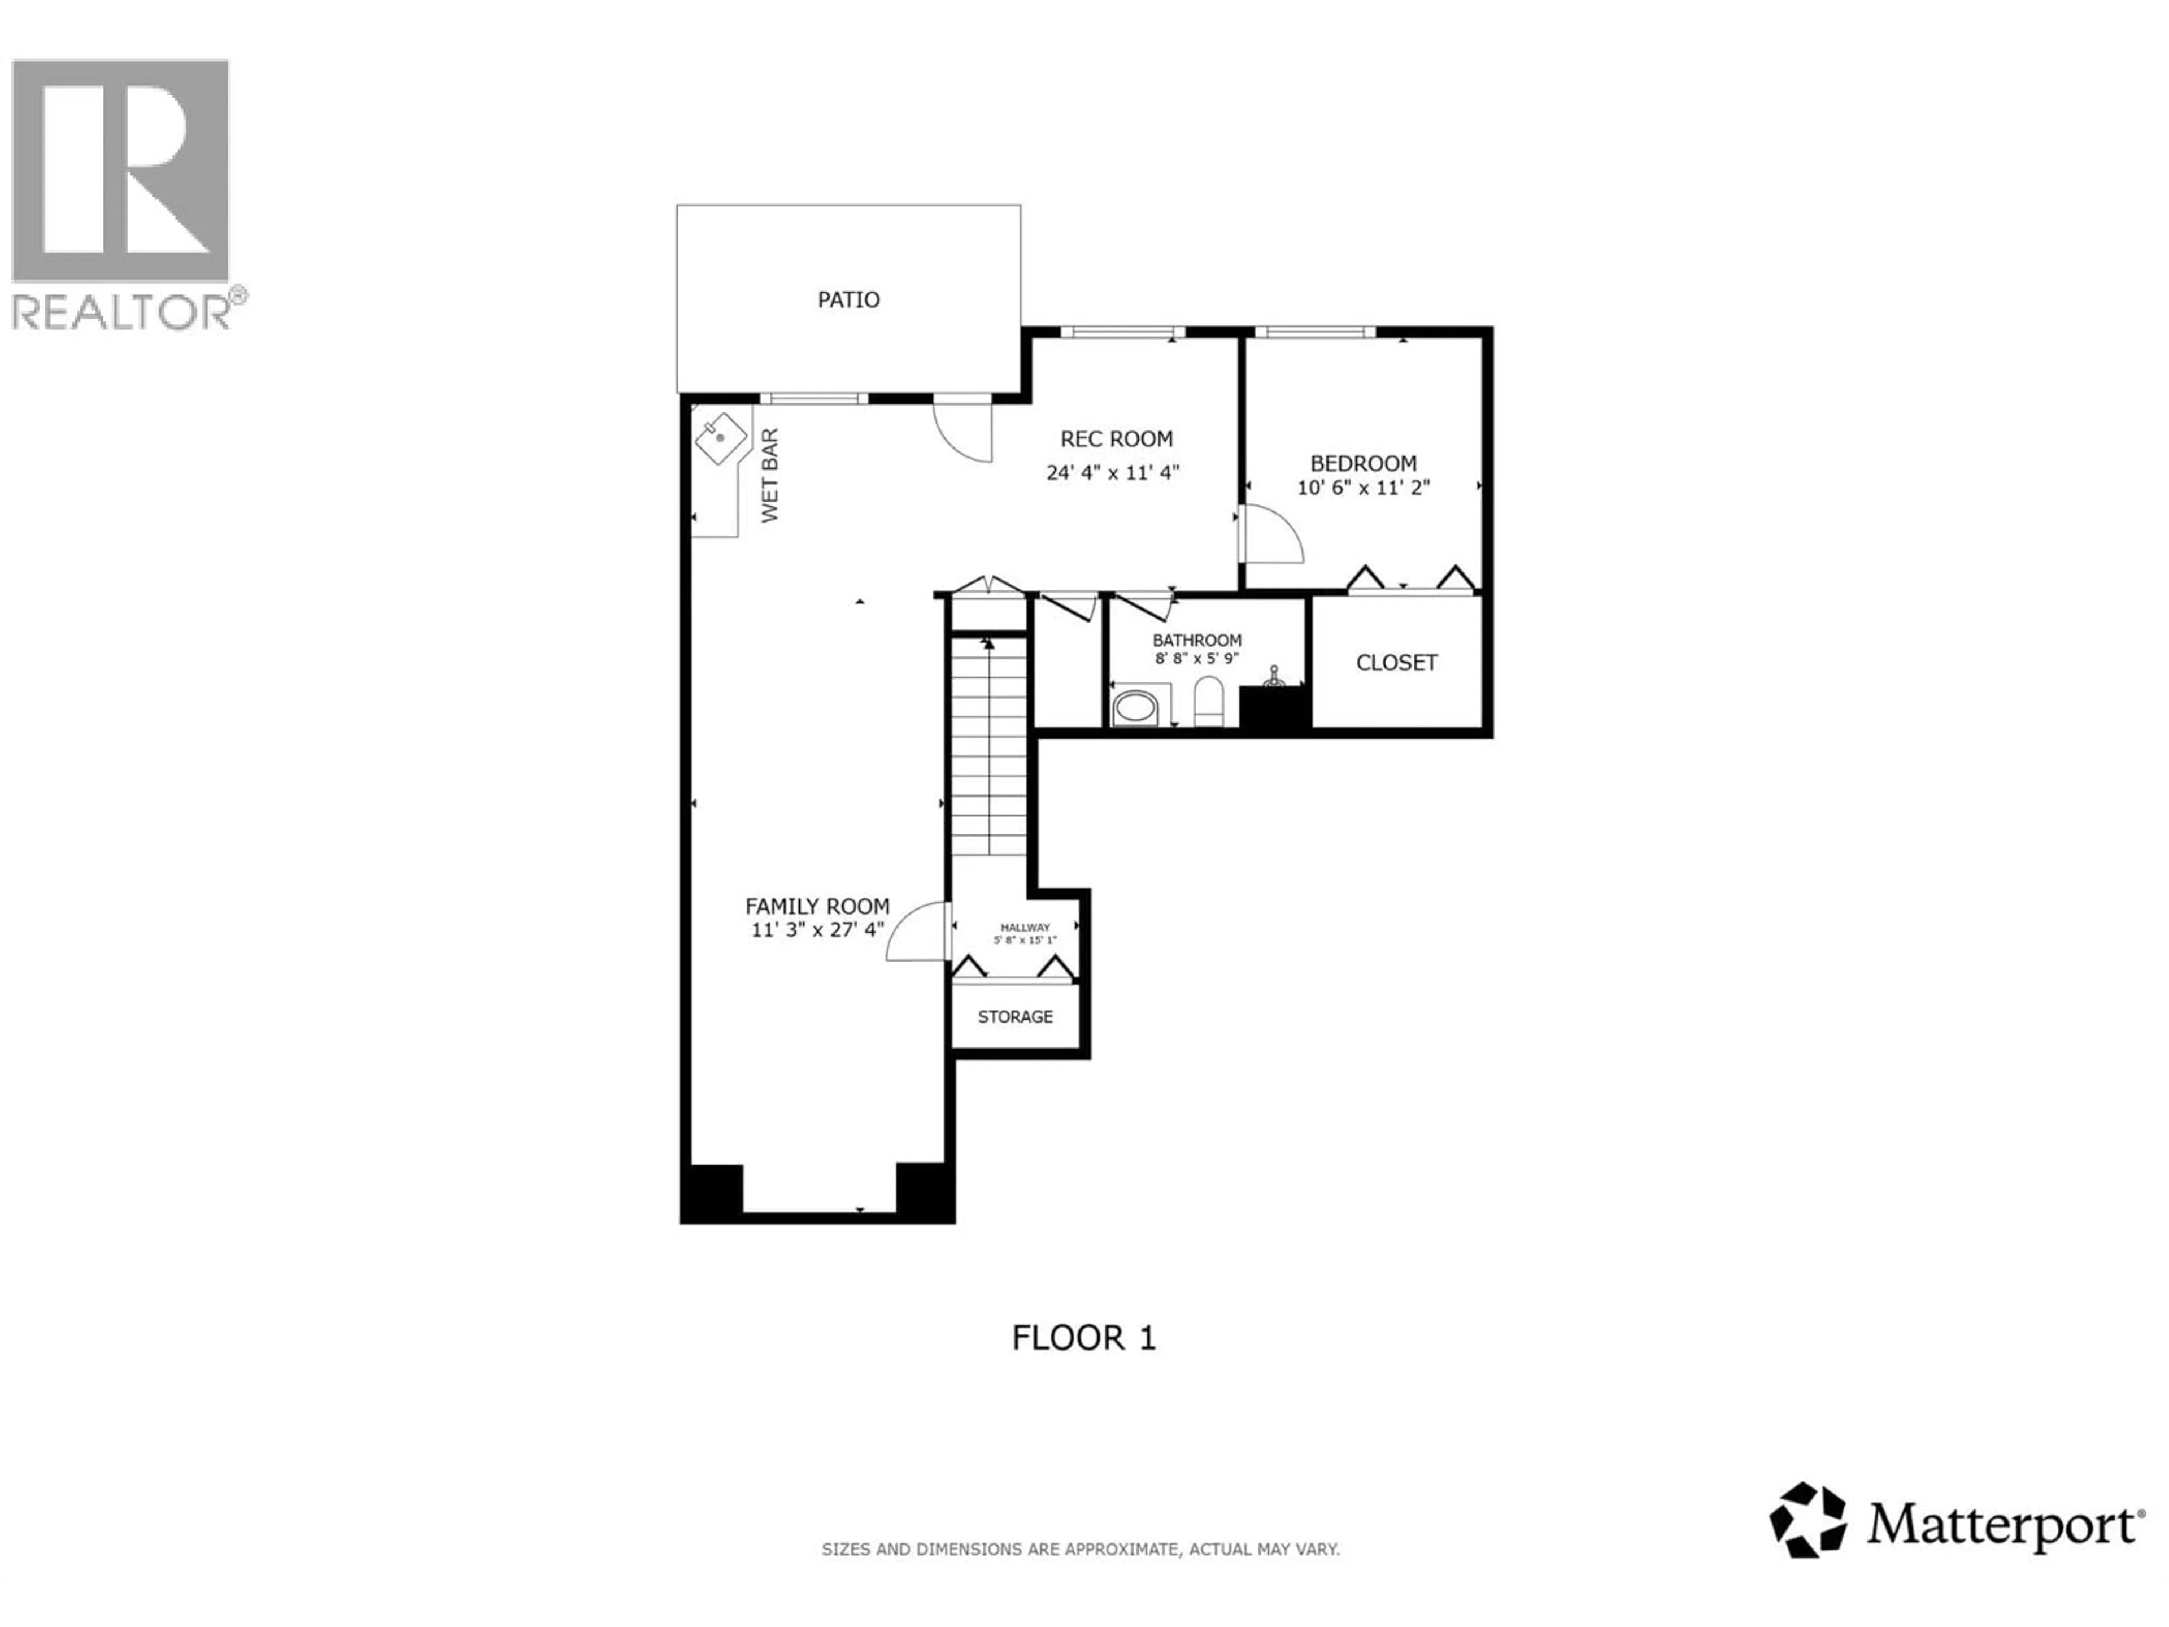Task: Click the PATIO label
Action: coord(848,299)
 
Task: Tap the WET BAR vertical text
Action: coord(770,476)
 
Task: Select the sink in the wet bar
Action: coord(721,438)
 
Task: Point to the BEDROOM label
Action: coord(1363,463)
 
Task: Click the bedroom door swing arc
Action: coord(1275,534)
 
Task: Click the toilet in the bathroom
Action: coord(1209,702)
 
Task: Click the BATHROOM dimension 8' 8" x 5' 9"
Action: coord(1196,658)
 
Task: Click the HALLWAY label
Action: coord(1025,927)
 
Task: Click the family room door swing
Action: coord(917,932)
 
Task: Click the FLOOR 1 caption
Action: coord(1083,1338)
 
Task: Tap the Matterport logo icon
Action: coord(1807,1520)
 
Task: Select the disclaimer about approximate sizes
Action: coord(1079,1550)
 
